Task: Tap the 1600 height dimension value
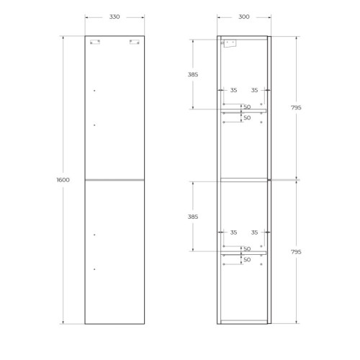click(x=63, y=180)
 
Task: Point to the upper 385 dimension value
click(x=192, y=74)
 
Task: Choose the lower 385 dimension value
click(x=192, y=216)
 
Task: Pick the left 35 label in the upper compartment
click(x=233, y=90)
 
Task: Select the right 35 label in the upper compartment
click(x=254, y=90)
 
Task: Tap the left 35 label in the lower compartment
click(x=233, y=233)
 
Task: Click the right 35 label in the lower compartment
click(x=254, y=233)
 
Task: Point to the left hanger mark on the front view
click(x=95, y=42)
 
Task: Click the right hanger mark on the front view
click(x=134, y=42)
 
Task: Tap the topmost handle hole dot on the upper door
click(x=94, y=91)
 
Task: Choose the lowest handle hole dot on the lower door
click(x=94, y=269)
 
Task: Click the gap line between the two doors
click(x=114, y=179)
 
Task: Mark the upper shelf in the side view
click(x=243, y=110)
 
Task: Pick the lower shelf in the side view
click(x=243, y=253)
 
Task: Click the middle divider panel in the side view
click(x=243, y=179)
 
